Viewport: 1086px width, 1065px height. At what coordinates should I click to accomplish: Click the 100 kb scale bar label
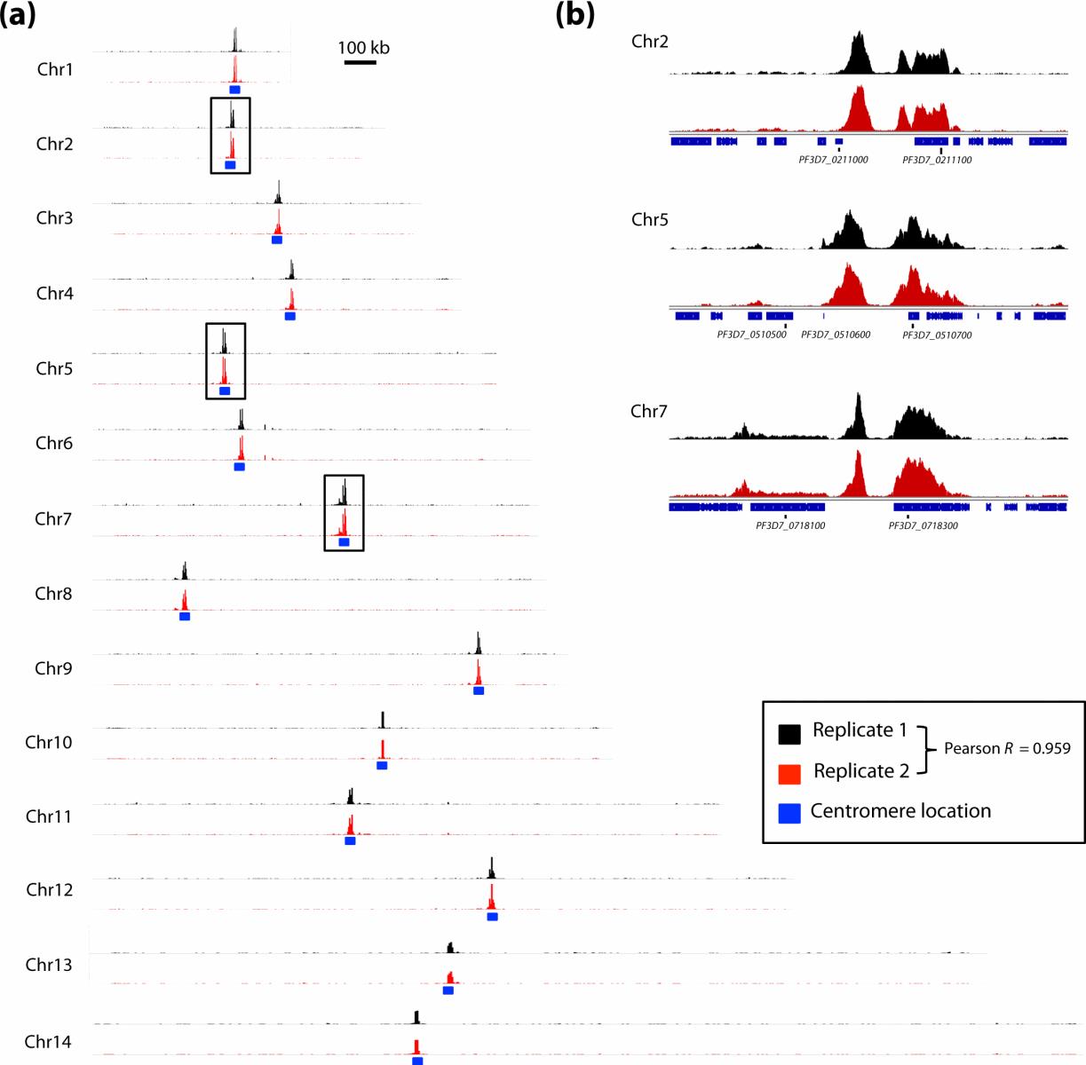click(363, 48)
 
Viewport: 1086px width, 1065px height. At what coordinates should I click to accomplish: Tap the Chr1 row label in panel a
click(55, 69)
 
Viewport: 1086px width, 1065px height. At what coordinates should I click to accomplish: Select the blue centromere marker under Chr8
click(185, 616)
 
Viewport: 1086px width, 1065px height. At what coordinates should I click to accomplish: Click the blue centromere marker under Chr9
click(479, 690)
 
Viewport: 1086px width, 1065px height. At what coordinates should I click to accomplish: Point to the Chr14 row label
click(48, 1042)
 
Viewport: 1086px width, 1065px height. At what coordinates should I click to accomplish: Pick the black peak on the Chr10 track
click(383, 720)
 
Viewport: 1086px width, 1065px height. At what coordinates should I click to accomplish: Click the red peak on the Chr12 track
click(491, 896)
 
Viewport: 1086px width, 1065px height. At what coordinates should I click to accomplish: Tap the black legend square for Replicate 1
click(789, 733)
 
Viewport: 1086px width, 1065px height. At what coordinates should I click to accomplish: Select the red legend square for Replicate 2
click(789, 773)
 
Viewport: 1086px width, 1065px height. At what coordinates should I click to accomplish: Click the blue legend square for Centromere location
click(789, 812)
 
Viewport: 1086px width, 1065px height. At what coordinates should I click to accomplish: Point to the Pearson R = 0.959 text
click(1007, 748)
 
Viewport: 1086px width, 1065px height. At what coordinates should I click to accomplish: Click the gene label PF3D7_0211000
click(833, 161)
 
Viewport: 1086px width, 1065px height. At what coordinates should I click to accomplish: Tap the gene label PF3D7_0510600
click(836, 335)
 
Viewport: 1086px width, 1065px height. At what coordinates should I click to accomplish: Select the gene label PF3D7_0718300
click(923, 526)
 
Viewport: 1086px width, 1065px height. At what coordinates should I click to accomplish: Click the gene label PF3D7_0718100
click(790, 526)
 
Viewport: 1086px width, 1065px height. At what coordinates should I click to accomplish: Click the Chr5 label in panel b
click(649, 220)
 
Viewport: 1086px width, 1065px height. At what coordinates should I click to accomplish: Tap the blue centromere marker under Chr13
click(448, 990)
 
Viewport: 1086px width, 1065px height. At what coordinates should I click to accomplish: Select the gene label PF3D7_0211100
click(937, 161)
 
